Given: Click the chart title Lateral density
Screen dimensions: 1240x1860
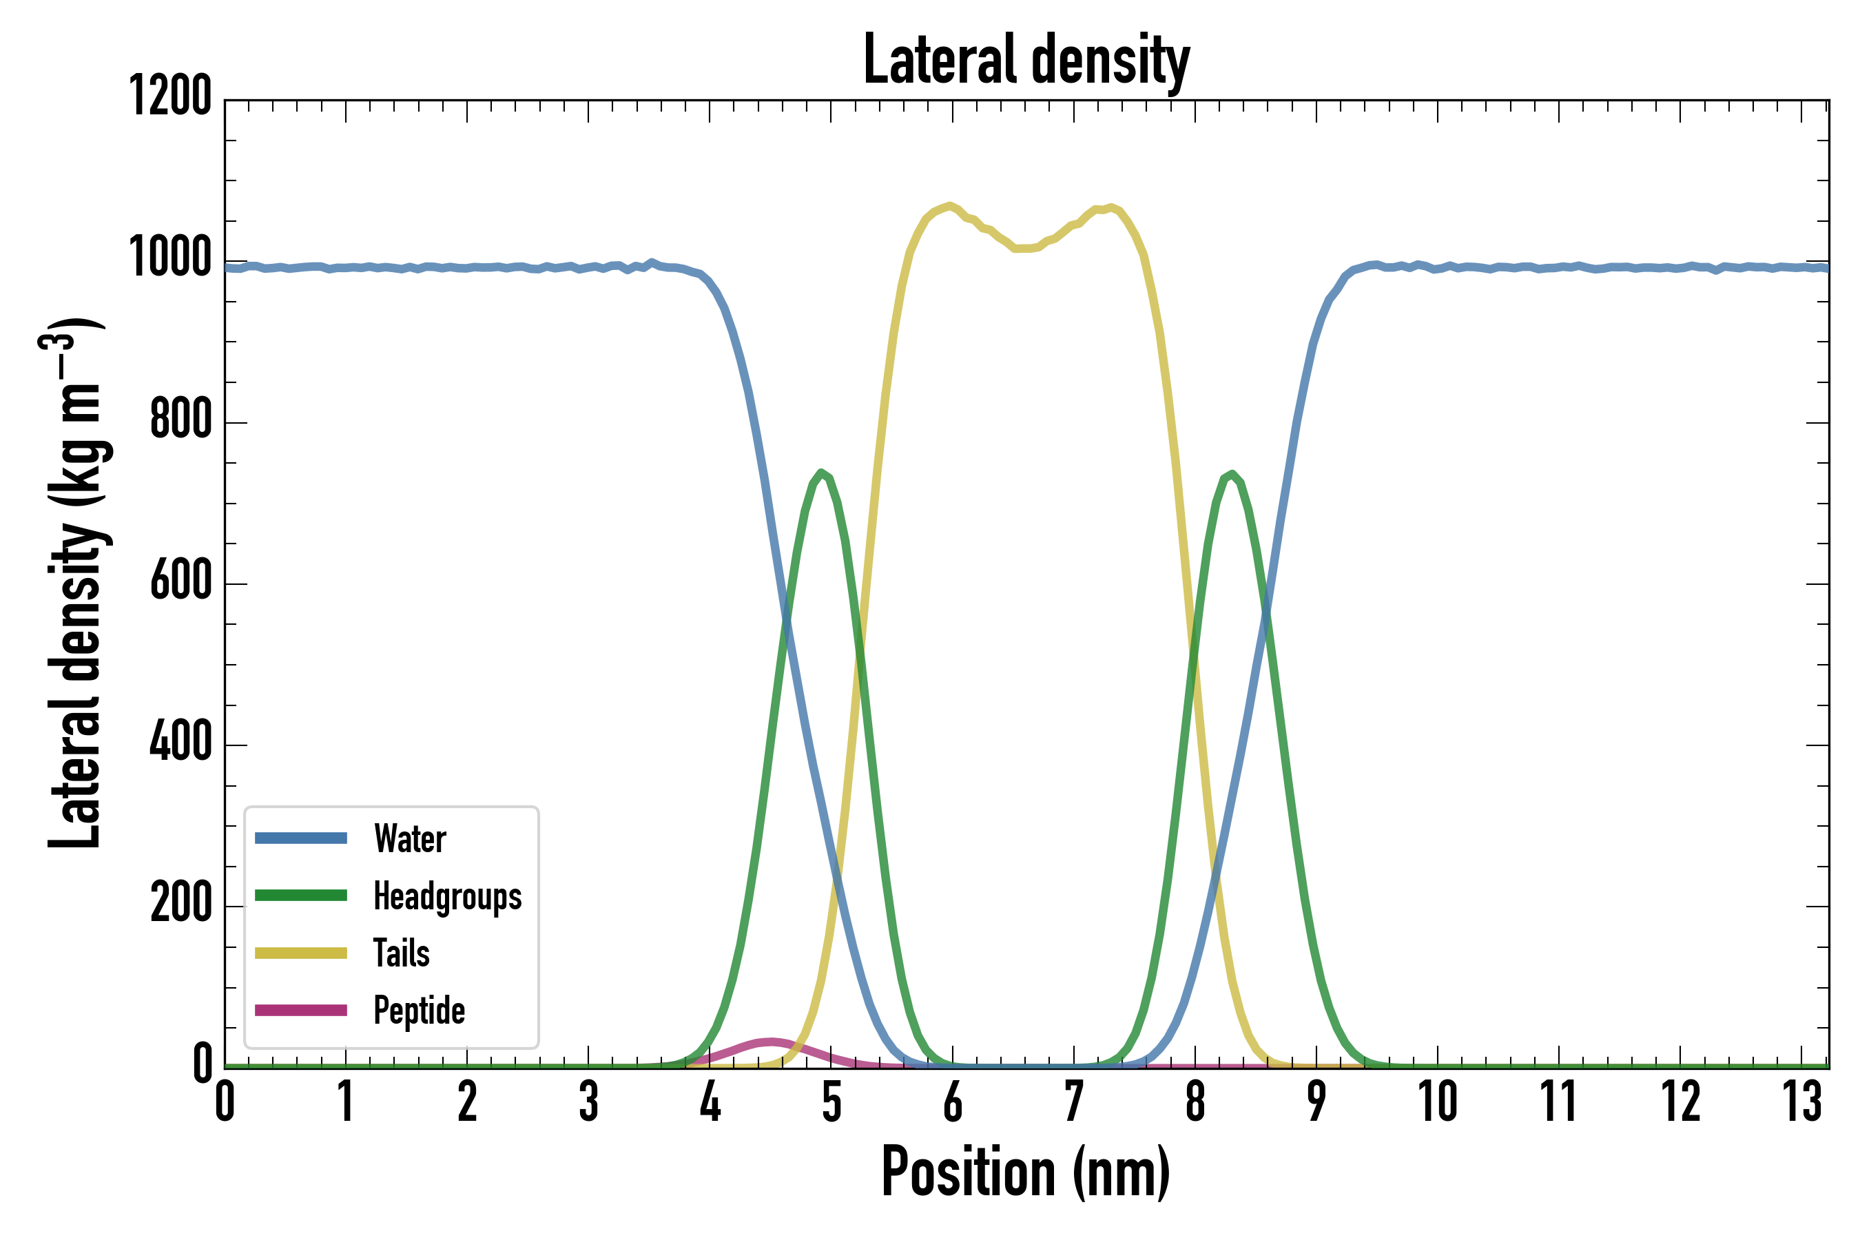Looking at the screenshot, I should (x=1026, y=60).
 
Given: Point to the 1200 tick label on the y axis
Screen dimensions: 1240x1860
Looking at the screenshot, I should (x=171, y=96).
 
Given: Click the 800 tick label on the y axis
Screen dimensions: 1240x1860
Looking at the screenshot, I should (x=181, y=419).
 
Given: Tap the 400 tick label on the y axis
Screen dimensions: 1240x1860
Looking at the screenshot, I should (x=181, y=742).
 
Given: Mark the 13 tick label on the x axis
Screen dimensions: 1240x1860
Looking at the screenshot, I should (x=1801, y=1102).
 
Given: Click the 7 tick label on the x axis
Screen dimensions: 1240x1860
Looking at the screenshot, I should (x=1073, y=1102).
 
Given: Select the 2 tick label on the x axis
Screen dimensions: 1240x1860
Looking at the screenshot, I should (x=467, y=1102).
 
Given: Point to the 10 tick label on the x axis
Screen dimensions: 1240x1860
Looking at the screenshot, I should (x=1437, y=1102).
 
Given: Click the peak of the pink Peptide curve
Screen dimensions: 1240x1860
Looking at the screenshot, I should (x=770, y=1042).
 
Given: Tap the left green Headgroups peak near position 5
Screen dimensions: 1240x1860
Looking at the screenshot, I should (x=823, y=472).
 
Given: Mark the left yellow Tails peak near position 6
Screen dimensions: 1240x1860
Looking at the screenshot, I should (x=950, y=205).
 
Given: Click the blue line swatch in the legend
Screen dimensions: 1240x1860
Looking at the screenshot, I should (x=300, y=838).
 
